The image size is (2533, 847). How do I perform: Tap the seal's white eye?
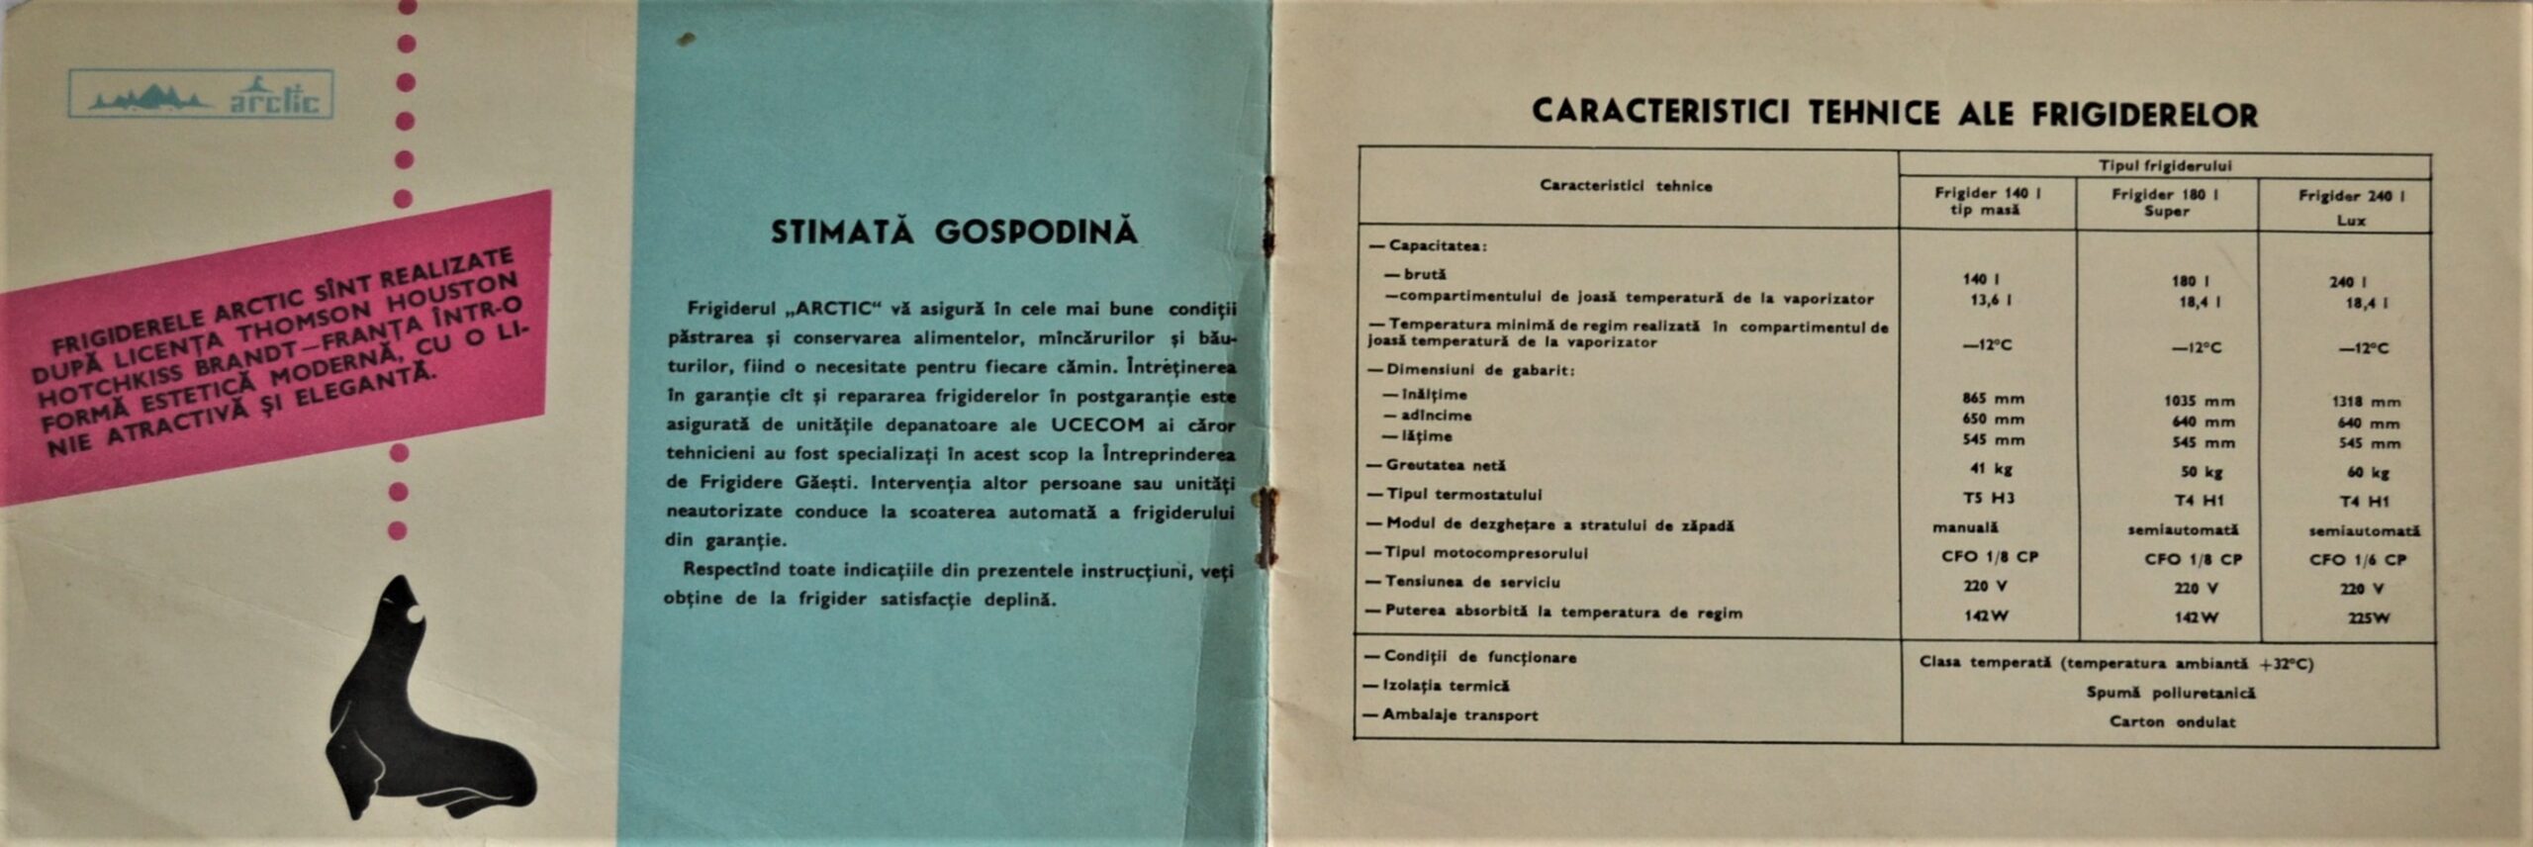tap(415, 615)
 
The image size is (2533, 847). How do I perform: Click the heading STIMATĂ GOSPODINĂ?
tap(953, 233)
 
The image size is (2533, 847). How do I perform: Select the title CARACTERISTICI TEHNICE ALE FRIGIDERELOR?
tap(1894, 113)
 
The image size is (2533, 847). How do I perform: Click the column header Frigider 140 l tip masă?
tap(1987, 201)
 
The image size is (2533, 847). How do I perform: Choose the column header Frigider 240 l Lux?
tap(2350, 207)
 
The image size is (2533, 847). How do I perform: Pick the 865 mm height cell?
tap(1993, 399)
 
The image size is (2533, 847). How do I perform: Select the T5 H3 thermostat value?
tap(1989, 498)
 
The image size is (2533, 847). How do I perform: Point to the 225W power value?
tap(2367, 618)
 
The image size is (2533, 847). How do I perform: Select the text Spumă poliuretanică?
tap(2171, 693)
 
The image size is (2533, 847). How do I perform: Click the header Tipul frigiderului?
tap(2165, 165)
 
